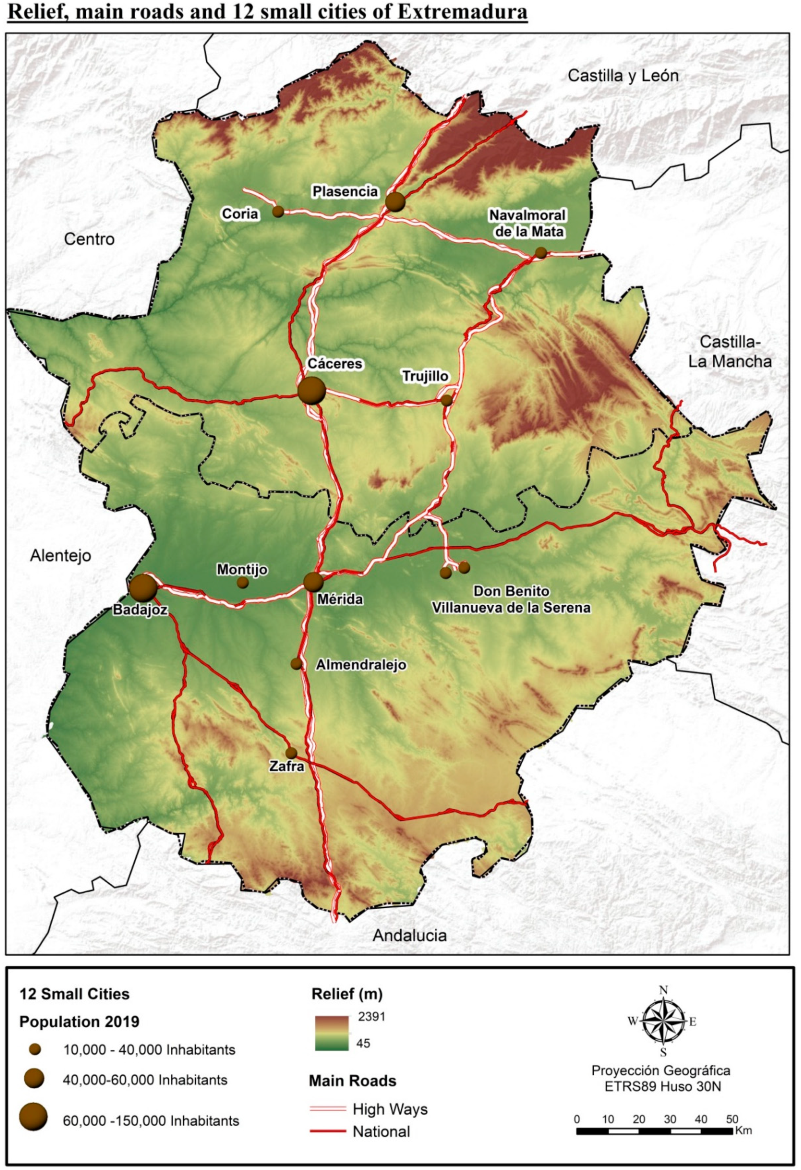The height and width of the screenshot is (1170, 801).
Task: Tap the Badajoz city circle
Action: (143, 588)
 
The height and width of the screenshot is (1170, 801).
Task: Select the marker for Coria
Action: (278, 211)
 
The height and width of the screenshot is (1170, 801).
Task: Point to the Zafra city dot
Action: (291, 753)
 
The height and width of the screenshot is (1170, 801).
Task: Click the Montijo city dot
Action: (243, 582)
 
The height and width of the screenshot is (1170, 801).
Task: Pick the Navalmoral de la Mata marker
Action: (541, 253)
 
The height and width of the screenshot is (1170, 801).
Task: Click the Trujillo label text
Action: (425, 376)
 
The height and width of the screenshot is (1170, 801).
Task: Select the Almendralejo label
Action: (361, 665)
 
